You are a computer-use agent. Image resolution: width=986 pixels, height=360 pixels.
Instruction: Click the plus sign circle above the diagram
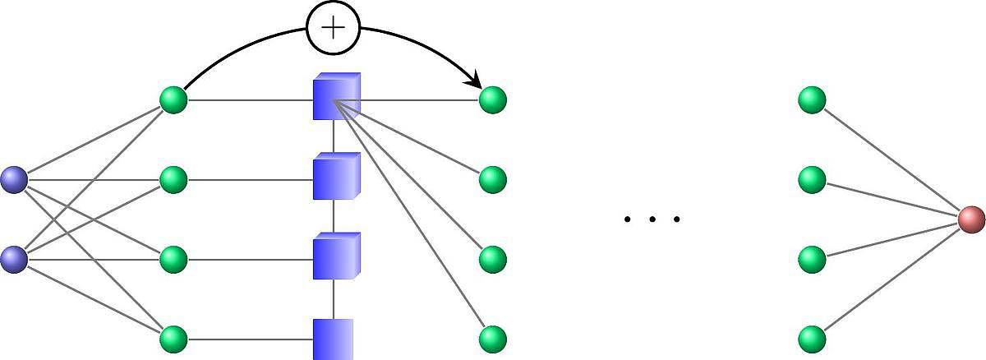pyautogui.click(x=333, y=28)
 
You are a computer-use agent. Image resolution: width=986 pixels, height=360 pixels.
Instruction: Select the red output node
pyautogui.click(x=971, y=219)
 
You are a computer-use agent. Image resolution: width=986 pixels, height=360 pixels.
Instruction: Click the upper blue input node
pyautogui.click(x=14, y=179)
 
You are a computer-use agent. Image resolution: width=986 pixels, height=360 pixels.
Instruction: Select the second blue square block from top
pyautogui.click(x=336, y=177)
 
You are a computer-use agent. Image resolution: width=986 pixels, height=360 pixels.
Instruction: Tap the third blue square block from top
pyautogui.click(x=336, y=256)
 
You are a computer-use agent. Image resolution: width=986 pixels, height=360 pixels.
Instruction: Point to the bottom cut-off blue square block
pyautogui.click(x=334, y=339)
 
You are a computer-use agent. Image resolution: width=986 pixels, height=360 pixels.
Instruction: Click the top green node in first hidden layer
pyautogui.click(x=173, y=100)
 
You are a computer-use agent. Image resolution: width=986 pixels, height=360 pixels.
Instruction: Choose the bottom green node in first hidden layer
pyautogui.click(x=173, y=339)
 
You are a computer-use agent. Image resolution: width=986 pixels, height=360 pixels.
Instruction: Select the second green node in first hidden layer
pyautogui.click(x=173, y=179)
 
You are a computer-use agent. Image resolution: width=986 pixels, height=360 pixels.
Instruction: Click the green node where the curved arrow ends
pyautogui.click(x=492, y=100)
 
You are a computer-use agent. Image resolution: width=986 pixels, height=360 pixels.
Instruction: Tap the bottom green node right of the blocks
pyautogui.click(x=492, y=339)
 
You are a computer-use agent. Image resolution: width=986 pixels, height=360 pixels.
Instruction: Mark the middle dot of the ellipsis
pyautogui.click(x=652, y=219)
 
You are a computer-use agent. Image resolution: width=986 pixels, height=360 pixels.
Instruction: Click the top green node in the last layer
pyautogui.click(x=812, y=100)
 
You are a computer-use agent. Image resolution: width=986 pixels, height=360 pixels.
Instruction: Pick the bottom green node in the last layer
pyautogui.click(x=812, y=339)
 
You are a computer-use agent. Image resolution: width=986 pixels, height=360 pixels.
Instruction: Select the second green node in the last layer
pyautogui.click(x=812, y=179)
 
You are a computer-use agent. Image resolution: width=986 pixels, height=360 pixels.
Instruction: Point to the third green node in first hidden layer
pyautogui.click(x=173, y=259)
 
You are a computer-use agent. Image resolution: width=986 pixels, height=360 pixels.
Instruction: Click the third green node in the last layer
pyautogui.click(x=812, y=259)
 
